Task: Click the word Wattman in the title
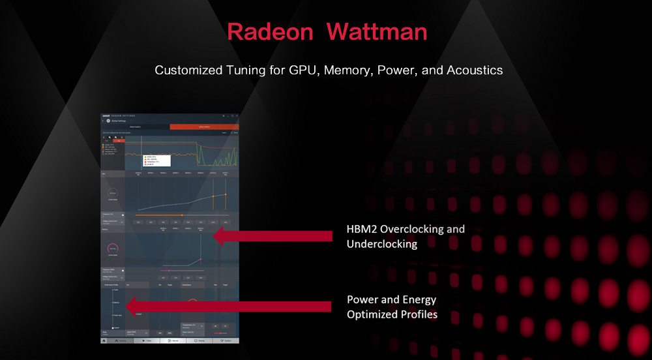377,31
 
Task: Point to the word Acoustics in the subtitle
475,70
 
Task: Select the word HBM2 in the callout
362,230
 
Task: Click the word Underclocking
381,245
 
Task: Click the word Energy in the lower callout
419,300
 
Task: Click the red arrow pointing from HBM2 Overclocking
274,236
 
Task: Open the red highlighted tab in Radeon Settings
204,127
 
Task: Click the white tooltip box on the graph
156,160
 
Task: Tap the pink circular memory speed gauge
113,248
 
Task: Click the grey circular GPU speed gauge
113,194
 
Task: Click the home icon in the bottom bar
104,340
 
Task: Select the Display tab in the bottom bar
200,340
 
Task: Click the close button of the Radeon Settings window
237,115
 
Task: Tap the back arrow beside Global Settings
103,121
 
